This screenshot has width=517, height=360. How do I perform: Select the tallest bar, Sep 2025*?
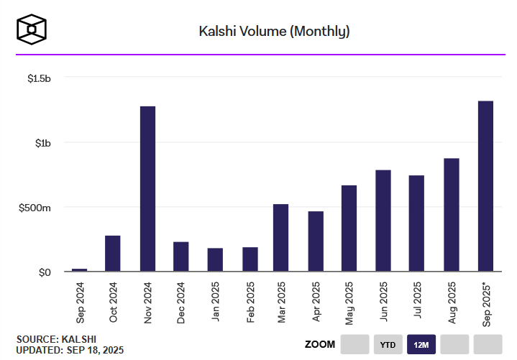point(485,186)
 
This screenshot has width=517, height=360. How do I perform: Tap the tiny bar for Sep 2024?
point(79,269)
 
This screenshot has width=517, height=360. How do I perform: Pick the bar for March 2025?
point(281,238)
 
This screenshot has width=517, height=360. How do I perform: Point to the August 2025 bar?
point(452,215)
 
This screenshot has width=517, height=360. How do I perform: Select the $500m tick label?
point(36,208)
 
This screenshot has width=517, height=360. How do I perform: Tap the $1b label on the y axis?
point(42,142)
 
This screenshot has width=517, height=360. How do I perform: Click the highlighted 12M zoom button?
point(420,344)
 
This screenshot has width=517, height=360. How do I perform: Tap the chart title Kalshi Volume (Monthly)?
point(274,31)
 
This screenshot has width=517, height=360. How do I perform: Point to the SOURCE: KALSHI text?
point(56,339)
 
